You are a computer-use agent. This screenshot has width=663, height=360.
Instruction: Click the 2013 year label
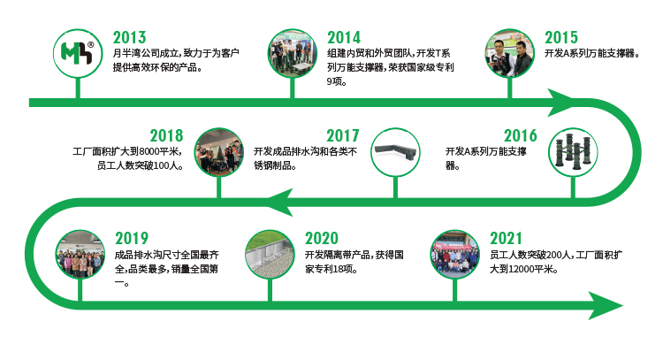(x=129, y=38)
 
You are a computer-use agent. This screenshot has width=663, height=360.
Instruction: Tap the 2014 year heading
(x=344, y=38)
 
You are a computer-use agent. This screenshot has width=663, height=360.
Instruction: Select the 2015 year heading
(x=561, y=38)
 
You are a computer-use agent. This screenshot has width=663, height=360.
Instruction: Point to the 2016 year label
(x=520, y=136)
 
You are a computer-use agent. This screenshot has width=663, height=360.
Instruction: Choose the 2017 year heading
(x=342, y=136)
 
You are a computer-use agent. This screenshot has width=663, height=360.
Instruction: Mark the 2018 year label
(x=166, y=136)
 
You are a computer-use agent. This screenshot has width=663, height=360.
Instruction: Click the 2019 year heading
(x=132, y=239)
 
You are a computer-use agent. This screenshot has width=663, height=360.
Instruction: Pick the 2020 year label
(x=322, y=239)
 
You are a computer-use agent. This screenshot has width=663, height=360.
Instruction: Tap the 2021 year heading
(x=507, y=239)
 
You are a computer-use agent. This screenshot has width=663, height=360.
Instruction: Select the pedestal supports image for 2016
(x=573, y=152)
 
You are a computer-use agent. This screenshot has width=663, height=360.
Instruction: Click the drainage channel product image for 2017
(x=395, y=152)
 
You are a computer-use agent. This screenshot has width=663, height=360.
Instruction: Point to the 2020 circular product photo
(x=270, y=254)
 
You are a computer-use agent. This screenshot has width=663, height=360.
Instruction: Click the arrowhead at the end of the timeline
(x=606, y=305)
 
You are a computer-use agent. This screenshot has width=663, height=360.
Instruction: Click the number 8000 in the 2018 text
(x=149, y=151)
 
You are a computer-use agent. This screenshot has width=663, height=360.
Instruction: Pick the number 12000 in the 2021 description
(x=525, y=269)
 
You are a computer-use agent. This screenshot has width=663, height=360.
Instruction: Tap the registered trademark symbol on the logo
(x=90, y=45)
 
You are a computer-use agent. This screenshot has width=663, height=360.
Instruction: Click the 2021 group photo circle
(x=455, y=254)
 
